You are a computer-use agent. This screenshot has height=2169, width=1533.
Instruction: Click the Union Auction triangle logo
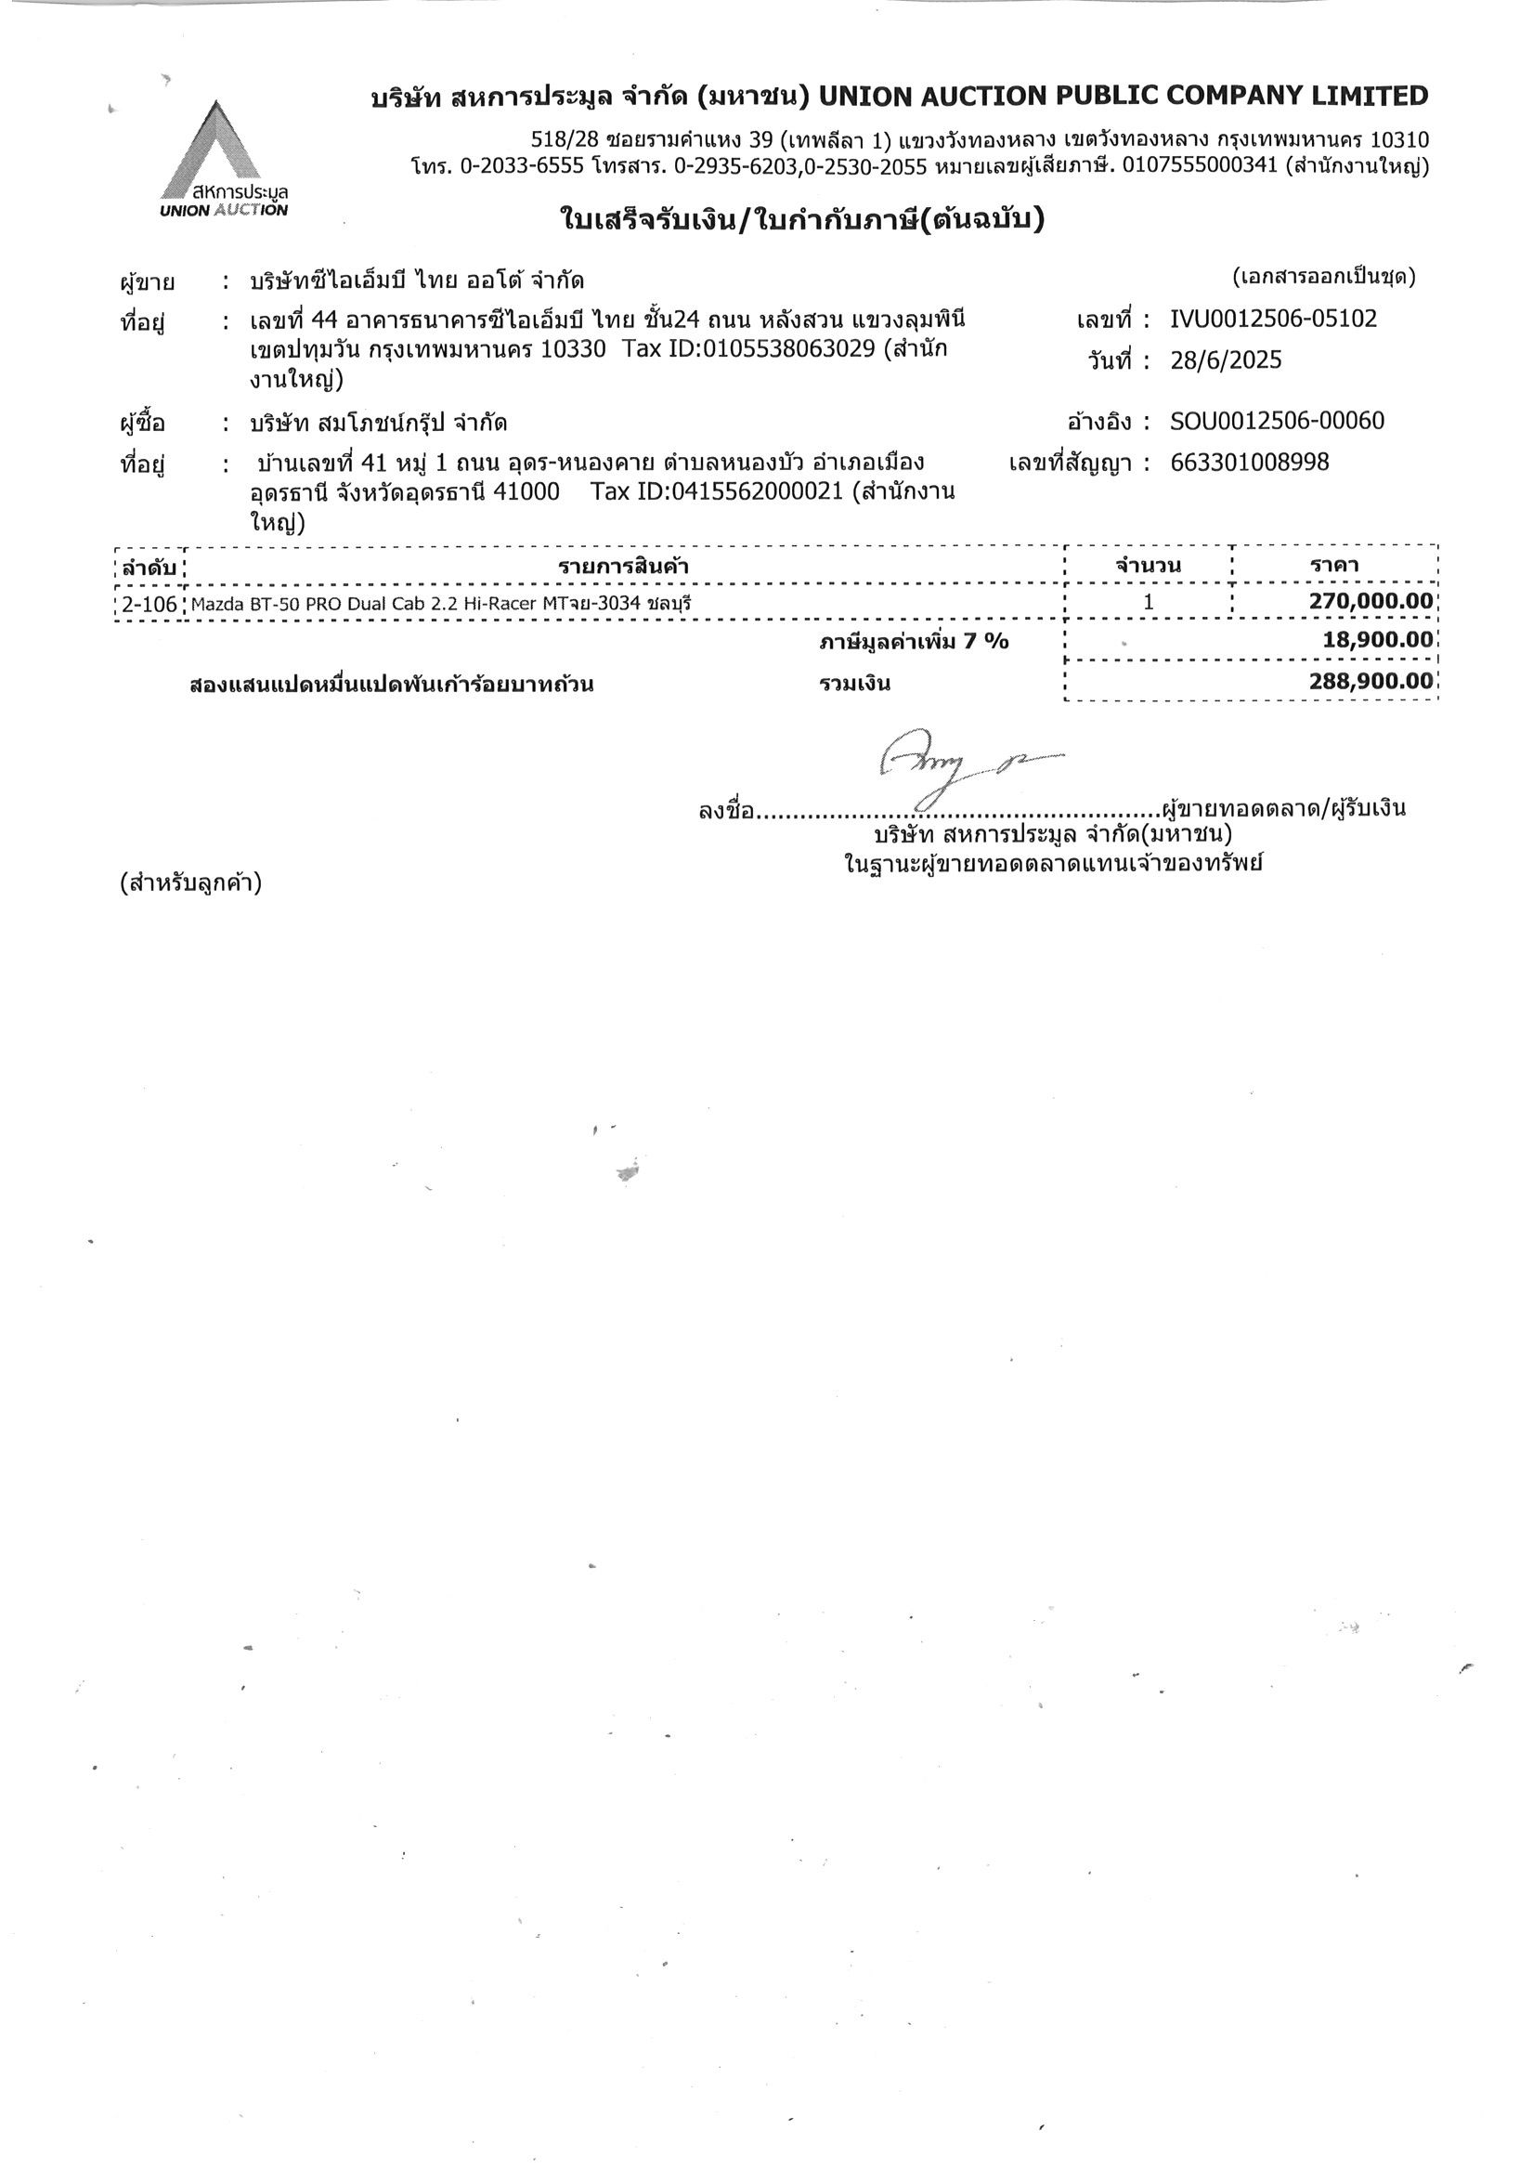[215, 151]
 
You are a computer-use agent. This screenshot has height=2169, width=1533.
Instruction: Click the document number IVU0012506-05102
[1272, 319]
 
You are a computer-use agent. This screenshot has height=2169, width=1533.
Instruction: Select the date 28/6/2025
[1225, 360]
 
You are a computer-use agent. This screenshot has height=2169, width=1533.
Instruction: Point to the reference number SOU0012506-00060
[1276, 421]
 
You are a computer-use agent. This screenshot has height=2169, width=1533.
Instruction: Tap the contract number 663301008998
[1249, 462]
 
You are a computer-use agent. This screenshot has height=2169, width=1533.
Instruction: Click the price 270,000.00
[1370, 602]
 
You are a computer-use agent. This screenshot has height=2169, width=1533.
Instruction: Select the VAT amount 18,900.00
[1377, 639]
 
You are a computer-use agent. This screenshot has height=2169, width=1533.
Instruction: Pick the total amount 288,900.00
[1370, 681]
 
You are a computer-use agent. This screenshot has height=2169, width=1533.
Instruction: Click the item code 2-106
[149, 604]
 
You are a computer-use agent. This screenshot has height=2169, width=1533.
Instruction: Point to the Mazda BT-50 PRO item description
[434, 604]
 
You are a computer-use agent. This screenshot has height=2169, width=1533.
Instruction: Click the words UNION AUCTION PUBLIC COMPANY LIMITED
[1124, 96]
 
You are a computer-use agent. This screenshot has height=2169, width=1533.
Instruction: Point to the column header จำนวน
[1148, 567]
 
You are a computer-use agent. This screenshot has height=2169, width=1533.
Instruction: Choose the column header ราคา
[1333, 566]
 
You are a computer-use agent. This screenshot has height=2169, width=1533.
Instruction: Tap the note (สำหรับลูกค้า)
[189, 884]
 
